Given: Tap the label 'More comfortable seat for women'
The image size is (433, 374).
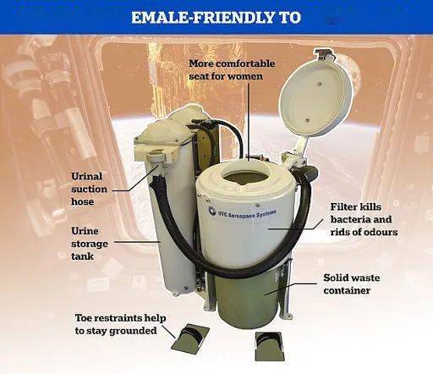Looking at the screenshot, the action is coord(232,69).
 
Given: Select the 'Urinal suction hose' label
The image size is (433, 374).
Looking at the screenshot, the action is coord(89,189).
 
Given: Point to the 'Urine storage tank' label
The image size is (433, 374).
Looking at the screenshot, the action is coord(89,244).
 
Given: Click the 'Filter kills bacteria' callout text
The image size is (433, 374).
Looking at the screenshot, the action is coord(364,219).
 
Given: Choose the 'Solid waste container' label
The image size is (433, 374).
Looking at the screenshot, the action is coord(352,283).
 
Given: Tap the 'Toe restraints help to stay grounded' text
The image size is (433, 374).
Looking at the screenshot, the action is coord(120,324).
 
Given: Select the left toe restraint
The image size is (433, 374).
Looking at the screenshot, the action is coord(190,338).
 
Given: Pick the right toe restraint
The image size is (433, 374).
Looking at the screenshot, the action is coord(268,346).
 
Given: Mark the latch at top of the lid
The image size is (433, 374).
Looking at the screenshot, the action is coord(325,53).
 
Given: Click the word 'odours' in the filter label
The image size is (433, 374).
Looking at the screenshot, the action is coord(381,232).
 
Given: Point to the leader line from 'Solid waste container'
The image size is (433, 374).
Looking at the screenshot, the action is coord(291,289).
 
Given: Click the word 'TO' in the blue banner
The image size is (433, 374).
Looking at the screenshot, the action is coord(290,18).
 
